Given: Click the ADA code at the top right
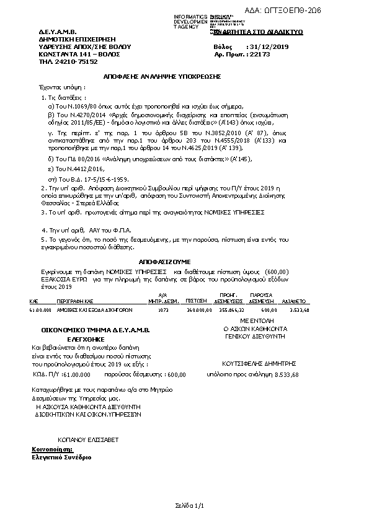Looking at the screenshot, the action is click(329, 11).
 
